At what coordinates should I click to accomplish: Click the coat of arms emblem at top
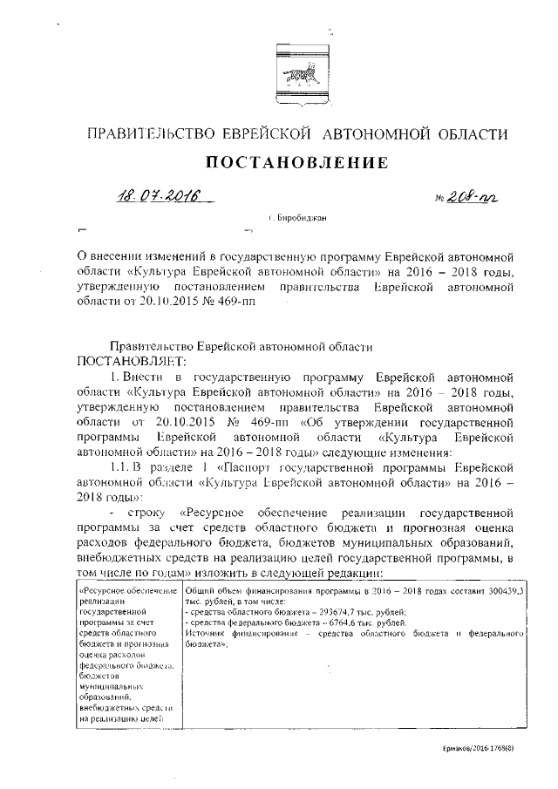pos(297,78)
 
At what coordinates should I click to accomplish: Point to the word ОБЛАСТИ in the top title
pos(469,133)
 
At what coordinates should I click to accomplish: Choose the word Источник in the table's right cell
pos(207,636)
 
